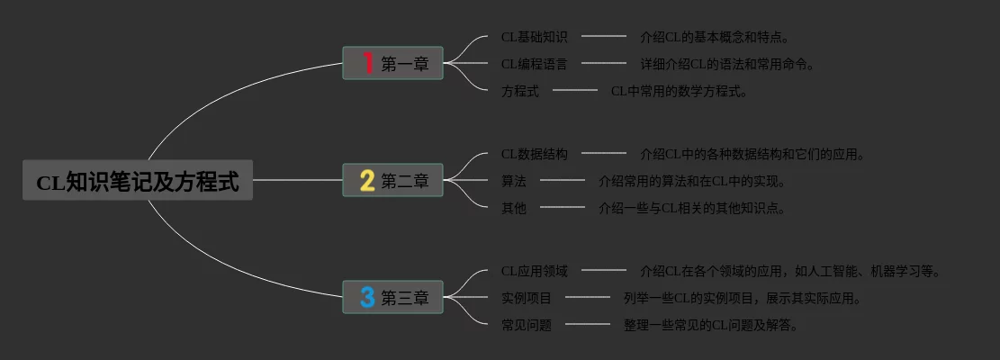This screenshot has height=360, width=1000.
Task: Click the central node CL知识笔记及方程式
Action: [138, 181]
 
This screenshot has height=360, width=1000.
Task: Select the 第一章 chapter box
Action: [392, 64]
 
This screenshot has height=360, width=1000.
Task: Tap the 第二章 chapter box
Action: [392, 181]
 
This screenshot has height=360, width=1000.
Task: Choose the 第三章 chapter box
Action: [392, 297]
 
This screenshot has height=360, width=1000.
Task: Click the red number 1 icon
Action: [367, 63]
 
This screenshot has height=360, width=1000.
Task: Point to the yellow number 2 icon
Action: [367, 181]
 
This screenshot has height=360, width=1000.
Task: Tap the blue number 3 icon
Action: [367, 297]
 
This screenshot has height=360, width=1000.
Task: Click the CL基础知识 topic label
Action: [534, 37]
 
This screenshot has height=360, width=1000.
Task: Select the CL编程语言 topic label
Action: [534, 64]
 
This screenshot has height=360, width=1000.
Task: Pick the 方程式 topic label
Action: [520, 91]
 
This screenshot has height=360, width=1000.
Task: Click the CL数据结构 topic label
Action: [534, 154]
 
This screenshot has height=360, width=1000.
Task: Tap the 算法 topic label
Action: [514, 181]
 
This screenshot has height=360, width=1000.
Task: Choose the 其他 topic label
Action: [514, 208]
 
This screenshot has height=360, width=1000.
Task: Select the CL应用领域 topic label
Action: [534, 271]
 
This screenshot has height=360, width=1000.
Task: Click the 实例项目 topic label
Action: [527, 298]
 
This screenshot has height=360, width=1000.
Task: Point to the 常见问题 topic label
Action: [527, 325]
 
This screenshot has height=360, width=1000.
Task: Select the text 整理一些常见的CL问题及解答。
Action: [711, 325]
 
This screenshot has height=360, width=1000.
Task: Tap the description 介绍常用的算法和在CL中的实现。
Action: [692, 181]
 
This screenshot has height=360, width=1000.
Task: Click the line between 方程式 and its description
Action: [575, 90]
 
